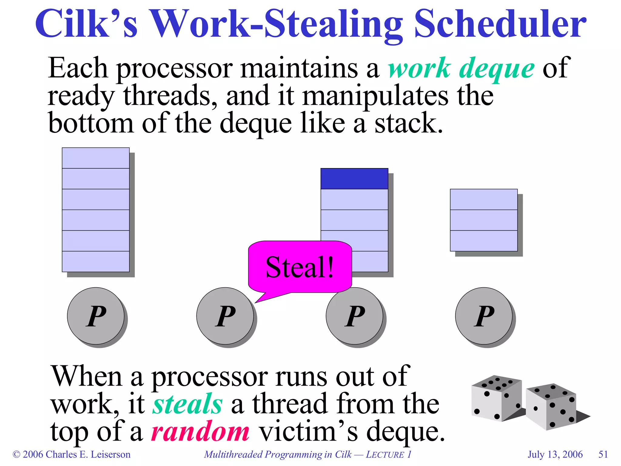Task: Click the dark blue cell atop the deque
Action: (x=354, y=179)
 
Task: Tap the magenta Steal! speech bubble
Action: (x=300, y=267)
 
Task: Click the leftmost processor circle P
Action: (x=96, y=316)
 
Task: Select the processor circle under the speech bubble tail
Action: (x=225, y=316)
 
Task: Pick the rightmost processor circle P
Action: (x=484, y=316)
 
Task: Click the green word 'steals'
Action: (x=187, y=404)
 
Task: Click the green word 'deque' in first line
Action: (x=497, y=68)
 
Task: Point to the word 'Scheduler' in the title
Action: (x=500, y=24)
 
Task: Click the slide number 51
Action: (x=603, y=454)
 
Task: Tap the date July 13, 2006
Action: (x=555, y=454)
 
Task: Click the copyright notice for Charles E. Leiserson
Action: (x=72, y=454)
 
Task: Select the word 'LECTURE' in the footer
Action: (x=385, y=454)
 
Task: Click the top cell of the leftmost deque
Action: (x=96, y=158)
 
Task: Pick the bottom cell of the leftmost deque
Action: (x=96, y=261)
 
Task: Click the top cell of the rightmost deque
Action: (x=484, y=199)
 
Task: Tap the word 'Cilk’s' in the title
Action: (x=86, y=24)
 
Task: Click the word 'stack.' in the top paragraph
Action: (x=409, y=123)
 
